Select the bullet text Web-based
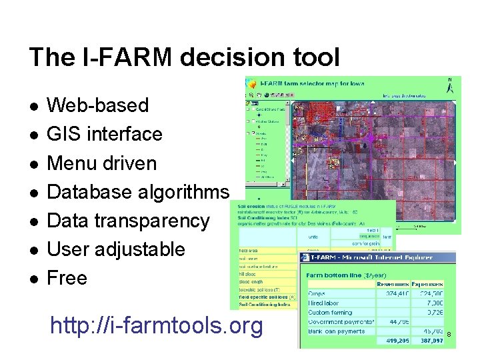tap(97, 105)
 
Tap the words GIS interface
tap(105, 134)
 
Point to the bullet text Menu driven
tap(102, 163)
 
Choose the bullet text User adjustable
tap(116, 249)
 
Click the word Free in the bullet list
tap(67, 278)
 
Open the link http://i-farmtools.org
tap(157, 326)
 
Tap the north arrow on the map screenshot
tap(450, 85)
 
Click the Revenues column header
tap(395, 283)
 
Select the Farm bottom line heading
tap(334, 274)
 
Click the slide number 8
tap(449, 333)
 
